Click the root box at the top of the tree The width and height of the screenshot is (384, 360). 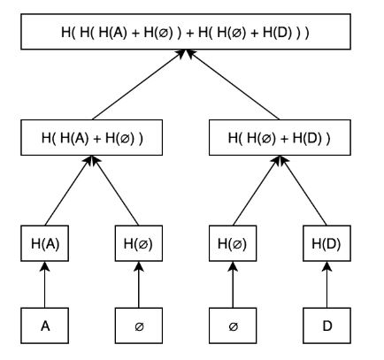coord(186,32)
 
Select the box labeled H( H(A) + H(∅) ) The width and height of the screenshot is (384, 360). coord(91,137)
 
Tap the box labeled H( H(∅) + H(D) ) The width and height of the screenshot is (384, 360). coord(280,137)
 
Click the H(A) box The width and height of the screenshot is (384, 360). coord(45,243)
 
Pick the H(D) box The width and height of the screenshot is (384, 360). coord(326,243)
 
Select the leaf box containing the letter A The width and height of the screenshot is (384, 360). coord(45,326)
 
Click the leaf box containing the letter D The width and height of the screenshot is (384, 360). coord(326,326)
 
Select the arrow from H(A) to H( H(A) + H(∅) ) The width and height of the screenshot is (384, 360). coord(68,190)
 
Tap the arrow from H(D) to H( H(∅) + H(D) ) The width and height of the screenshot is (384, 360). coord(303,190)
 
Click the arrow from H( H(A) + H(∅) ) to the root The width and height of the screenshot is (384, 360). coord(138,85)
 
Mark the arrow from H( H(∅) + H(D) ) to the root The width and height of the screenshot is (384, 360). coord(233,85)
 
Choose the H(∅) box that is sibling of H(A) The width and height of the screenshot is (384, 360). coord(139,243)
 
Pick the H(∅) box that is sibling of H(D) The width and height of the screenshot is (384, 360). coord(233,243)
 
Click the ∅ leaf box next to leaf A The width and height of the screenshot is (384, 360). coord(139,326)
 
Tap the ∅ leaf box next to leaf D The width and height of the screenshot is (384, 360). coord(233,326)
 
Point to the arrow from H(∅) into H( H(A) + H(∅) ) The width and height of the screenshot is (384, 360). coord(116,190)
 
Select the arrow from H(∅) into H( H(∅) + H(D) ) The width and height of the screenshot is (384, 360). coord(256,190)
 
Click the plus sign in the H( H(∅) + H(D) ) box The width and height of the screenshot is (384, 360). coord(284,139)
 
